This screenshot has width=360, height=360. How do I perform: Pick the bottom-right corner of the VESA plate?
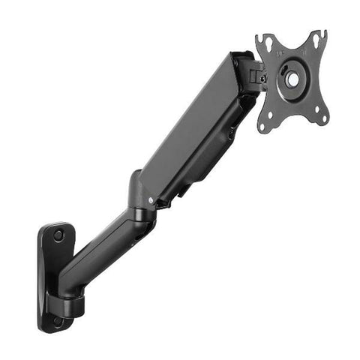[324, 118]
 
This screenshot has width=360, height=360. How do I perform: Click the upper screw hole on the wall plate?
[58, 235]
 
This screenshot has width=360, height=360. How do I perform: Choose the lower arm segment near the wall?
[101, 251]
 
